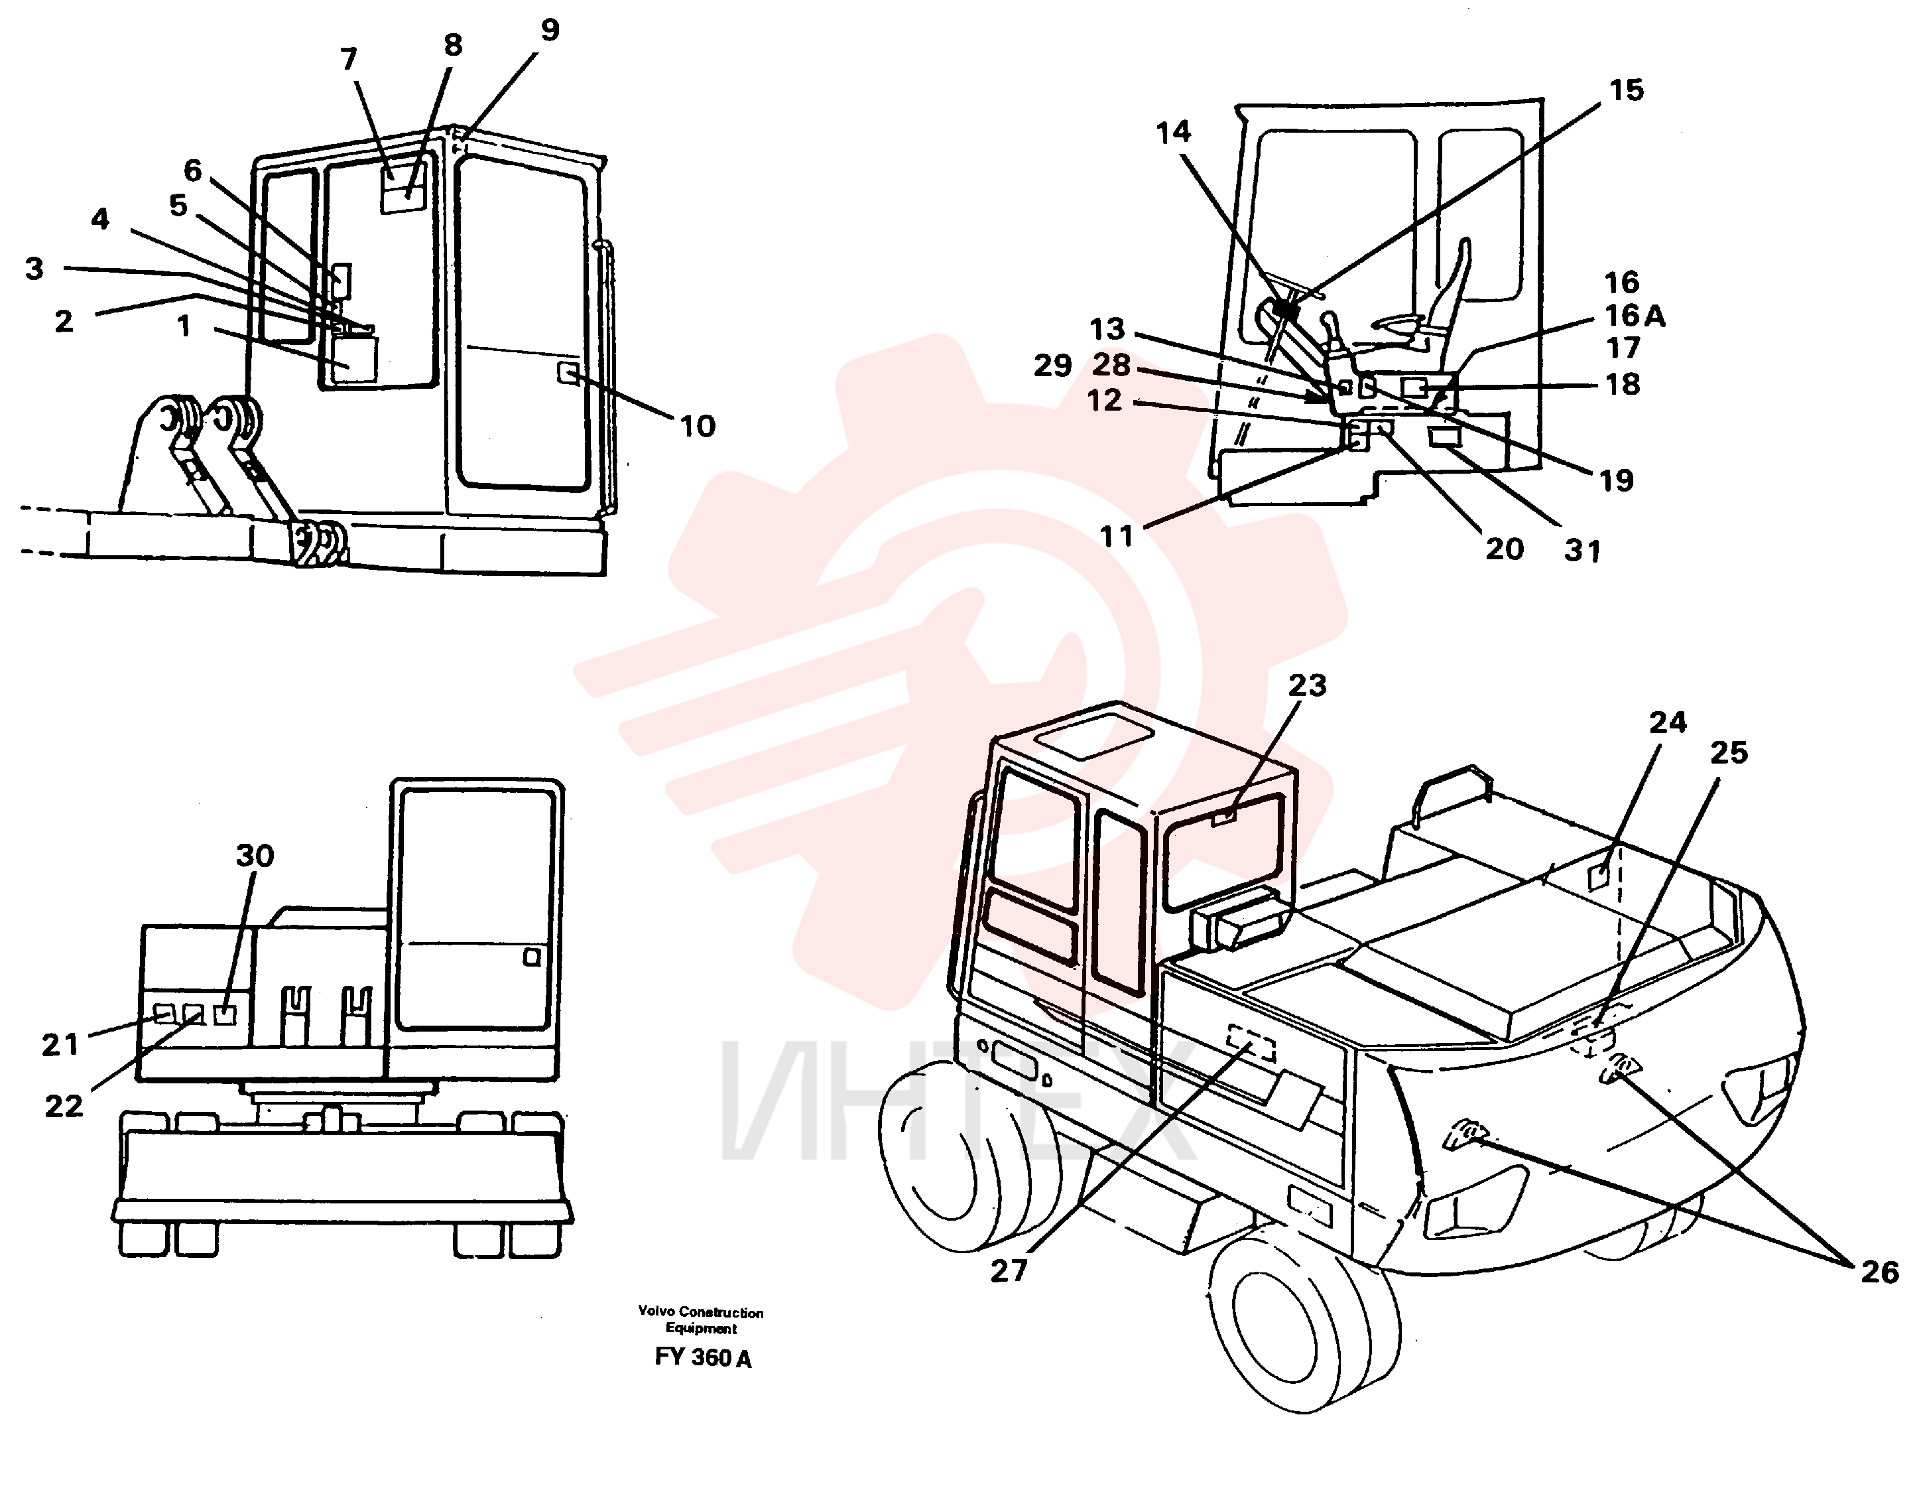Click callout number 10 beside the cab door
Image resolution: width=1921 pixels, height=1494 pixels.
point(698,427)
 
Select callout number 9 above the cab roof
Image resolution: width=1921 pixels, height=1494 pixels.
point(550,30)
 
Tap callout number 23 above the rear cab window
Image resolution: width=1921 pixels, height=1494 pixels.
point(1307,685)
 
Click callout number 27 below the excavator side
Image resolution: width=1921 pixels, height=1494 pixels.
point(1009,1270)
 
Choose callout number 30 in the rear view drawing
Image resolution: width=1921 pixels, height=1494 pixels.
point(255,855)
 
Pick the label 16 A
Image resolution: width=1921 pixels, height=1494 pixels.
point(1635,315)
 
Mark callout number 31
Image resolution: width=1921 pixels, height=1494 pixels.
point(1582,551)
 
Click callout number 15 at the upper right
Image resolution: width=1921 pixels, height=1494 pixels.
point(1627,90)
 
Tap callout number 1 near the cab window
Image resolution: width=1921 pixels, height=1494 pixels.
point(184,326)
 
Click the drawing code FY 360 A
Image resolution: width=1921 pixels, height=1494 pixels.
point(703,1357)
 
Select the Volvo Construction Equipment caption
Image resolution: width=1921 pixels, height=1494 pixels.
point(701,1320)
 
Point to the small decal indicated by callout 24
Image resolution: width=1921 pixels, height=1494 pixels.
point(1601,877)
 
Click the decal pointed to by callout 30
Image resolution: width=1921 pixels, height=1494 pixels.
point(226,1014)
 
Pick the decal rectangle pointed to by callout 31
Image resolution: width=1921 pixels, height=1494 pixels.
point(1444,437)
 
